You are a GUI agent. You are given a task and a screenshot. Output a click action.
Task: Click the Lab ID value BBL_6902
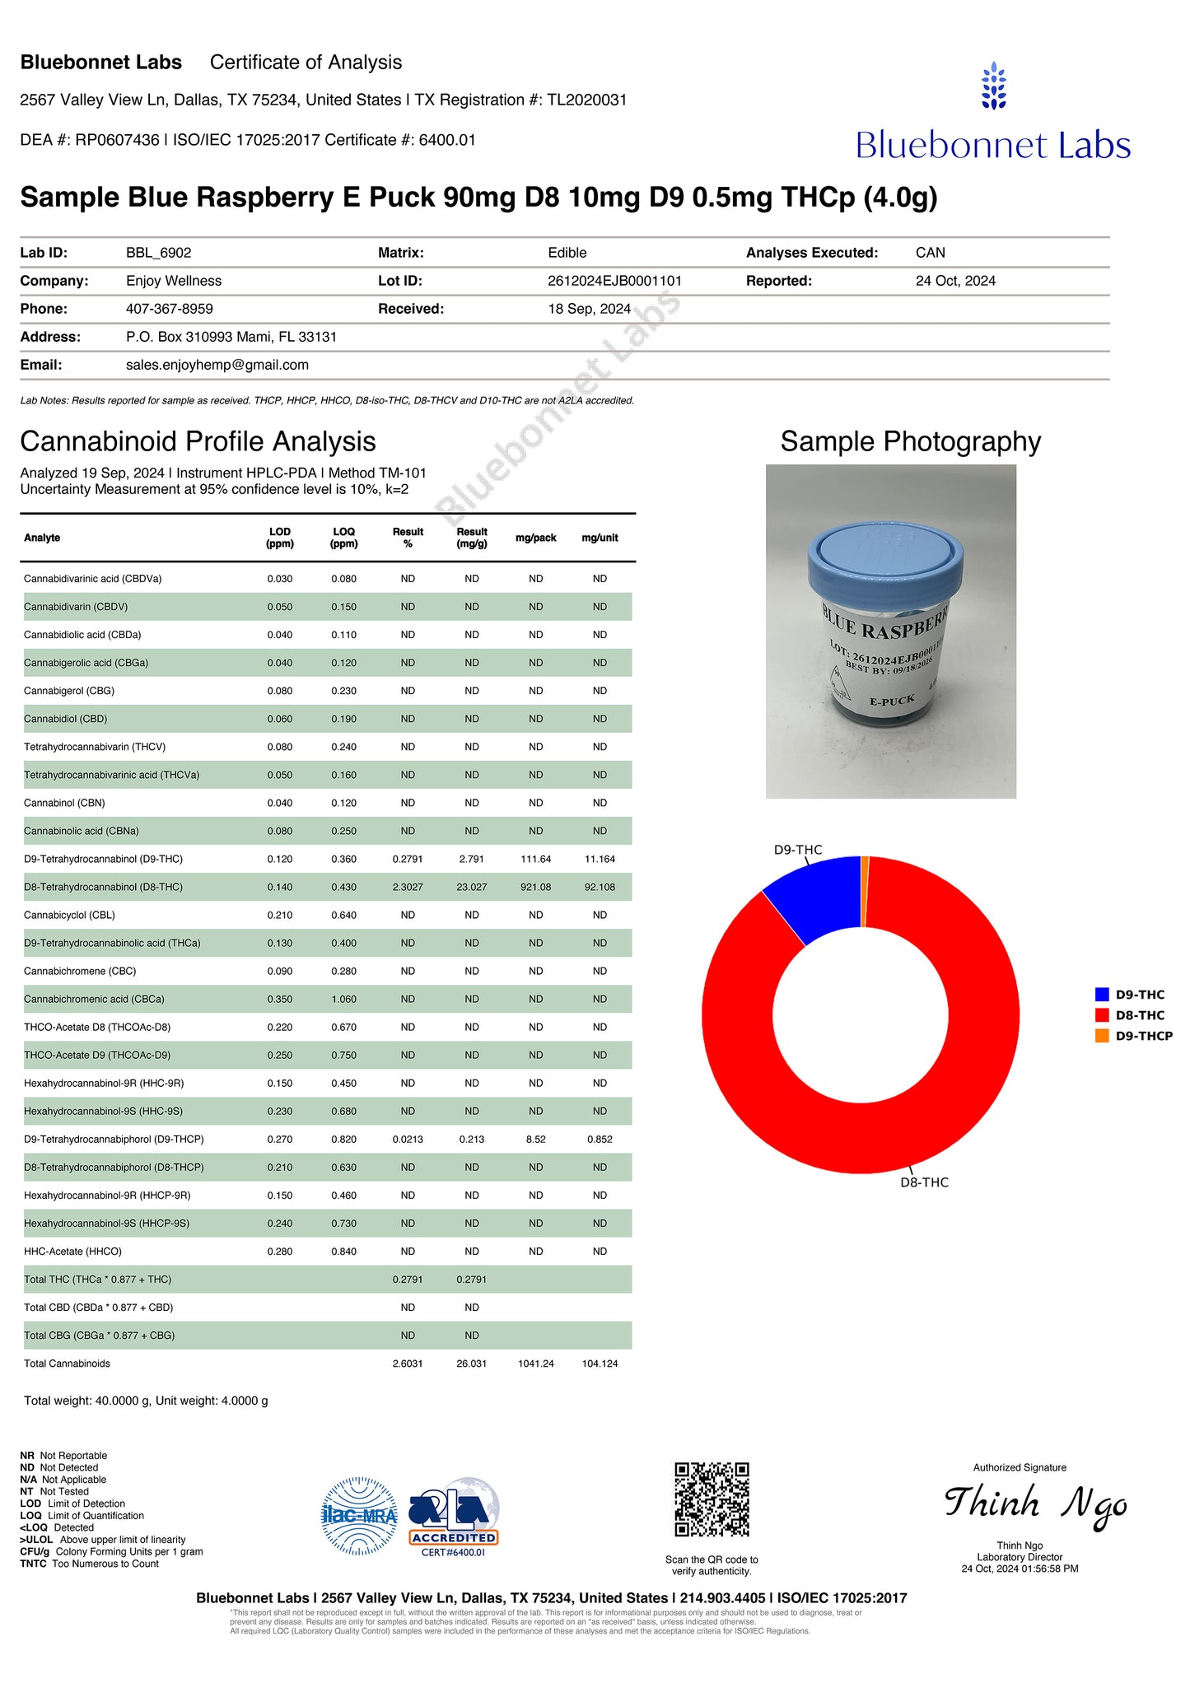pyautogui.click(x=158, y=253)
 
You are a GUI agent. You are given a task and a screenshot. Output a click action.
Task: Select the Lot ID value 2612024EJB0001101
pyautogui.click(x=614, y=281)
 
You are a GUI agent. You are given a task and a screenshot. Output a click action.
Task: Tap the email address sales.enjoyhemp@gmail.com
pyautogui.click(x=217, y=365)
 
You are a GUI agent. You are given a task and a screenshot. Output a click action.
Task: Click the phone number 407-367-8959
pyautogui.click(x=169, y=309)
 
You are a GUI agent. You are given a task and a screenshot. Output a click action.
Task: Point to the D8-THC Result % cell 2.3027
pyautogui.click(x=408, y=887)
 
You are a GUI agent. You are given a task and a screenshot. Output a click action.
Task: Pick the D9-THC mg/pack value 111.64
pyautogui.click(x=535, y=859)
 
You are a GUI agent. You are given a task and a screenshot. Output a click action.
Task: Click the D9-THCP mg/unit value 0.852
pyautogui.click(x=600, y=1140)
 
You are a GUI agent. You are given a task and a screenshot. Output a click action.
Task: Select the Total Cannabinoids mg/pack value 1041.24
pyautogui.click(x=535, y=1364)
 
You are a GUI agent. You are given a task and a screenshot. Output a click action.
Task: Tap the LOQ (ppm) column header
pyautogui.click(x=343, y=538)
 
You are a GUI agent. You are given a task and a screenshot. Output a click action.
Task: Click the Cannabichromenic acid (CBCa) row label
pyautogui.click(x=94, y=1000)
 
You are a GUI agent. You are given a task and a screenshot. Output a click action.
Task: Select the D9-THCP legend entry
pyautogui.click(x=1143, y=1036)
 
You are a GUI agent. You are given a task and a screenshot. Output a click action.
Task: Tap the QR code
pyautogui.click(x=712, y=1499)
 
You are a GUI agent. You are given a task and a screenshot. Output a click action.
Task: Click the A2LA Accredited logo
pyautogui.click(x=454, y=1517)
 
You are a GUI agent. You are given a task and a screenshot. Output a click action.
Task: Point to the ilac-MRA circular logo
pyautogui.click(x=359, y=1516)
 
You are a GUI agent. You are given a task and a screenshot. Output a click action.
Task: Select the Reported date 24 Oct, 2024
pyautogui.click(x=955, y=281)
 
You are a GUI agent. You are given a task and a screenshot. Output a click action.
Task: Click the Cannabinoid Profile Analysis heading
pyautogui.click(x=198, y=441)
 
